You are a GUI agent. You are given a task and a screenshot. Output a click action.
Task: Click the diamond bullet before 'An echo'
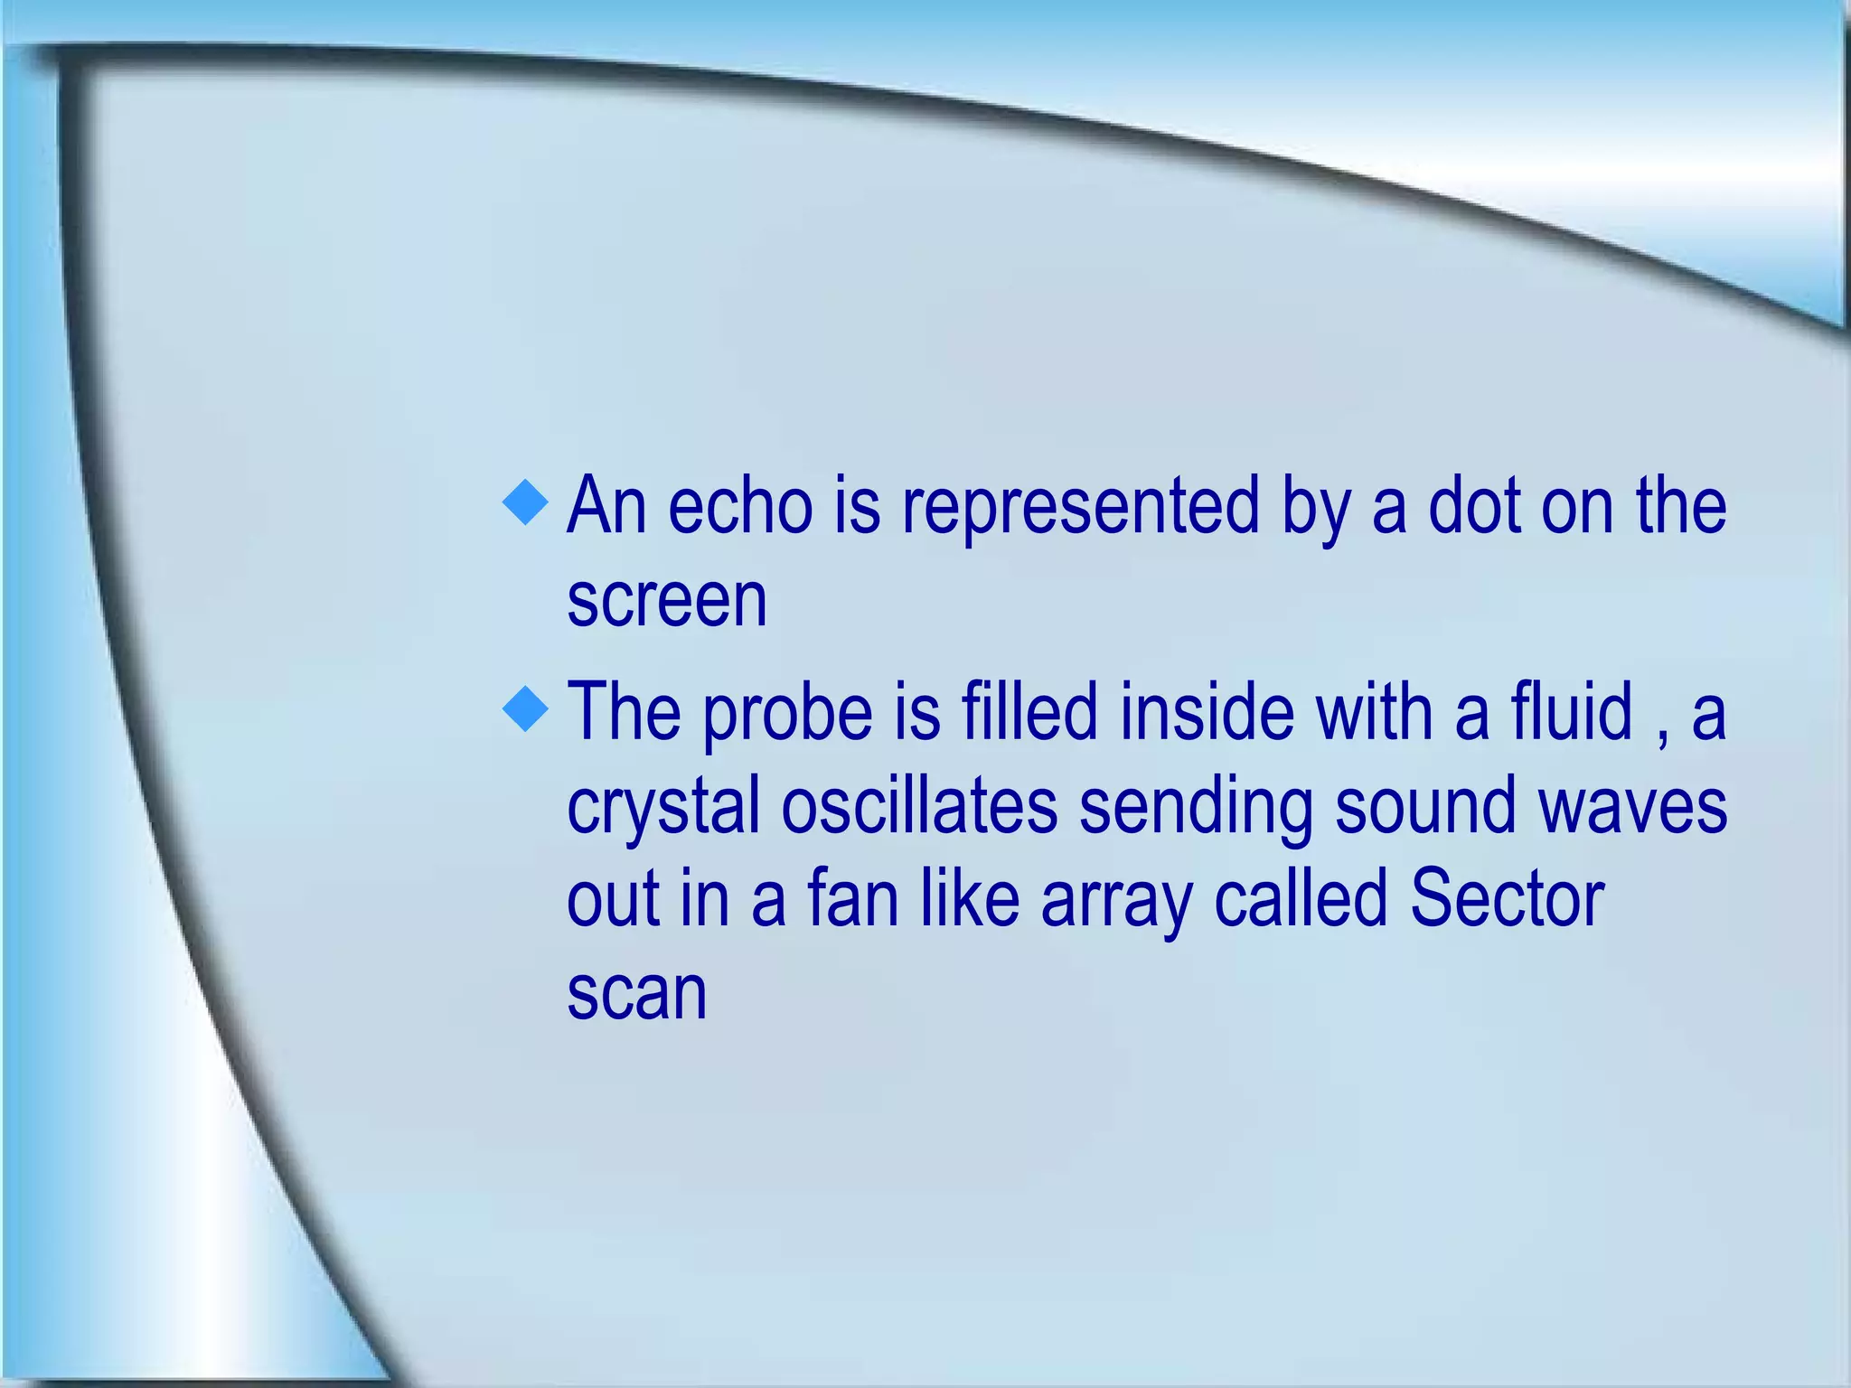click(525, 502)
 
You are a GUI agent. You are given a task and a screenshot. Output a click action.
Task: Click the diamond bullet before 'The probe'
click(525, 708)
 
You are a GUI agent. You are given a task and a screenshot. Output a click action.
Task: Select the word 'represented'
click(1081, 508)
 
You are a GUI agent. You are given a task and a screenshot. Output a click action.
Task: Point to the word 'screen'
click(667, 600)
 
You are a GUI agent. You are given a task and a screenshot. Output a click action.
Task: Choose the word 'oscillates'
click(919, 806)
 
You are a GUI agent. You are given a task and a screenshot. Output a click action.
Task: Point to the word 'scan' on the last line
click(636, 994)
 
